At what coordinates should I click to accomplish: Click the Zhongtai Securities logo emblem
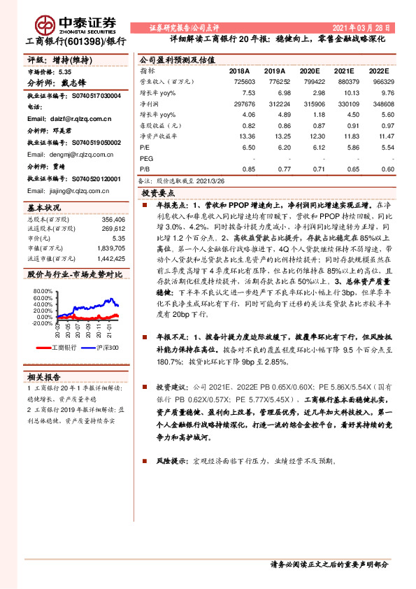[x=46, y=24]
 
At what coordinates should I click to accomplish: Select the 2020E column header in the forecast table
[x=308, y=71]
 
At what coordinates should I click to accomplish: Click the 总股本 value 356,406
[x=112, y=219]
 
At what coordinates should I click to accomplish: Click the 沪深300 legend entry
[x=104, y=348]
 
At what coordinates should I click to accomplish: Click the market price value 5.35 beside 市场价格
[x=65, y=72]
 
